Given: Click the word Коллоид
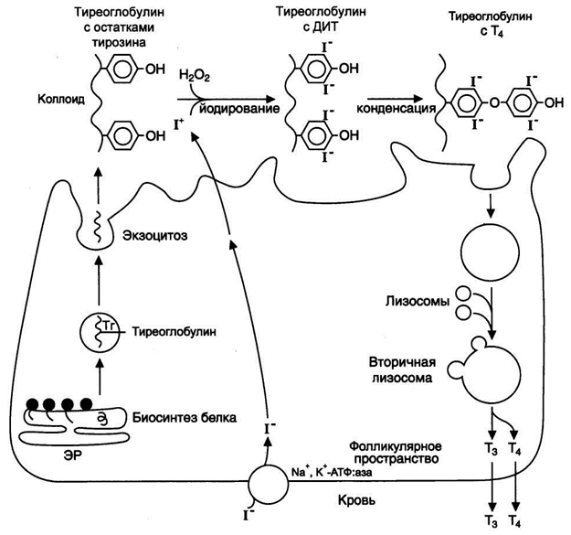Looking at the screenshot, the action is tap(61, 99).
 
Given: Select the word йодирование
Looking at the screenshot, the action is tap(239, 108).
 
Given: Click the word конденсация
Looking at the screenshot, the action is tap(397, 108).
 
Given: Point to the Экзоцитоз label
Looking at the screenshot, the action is tap(155, 235).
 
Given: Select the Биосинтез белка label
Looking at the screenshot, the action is tap(185, 417).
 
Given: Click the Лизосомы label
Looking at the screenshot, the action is tap(418, 302).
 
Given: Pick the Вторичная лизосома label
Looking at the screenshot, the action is tap(402, 369).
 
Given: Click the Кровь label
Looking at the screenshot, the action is tap(356, 501).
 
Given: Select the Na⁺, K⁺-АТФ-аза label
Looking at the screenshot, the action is tap(332, 472).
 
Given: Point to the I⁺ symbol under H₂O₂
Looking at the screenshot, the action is tap(179, 125).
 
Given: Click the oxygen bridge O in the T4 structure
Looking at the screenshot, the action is tap(494, 103).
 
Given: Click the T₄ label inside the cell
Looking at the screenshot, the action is tap(514, 449).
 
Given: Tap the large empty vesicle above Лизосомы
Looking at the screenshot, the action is tap(491, 252).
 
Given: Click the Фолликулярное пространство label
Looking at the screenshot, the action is tap(396, 453).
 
